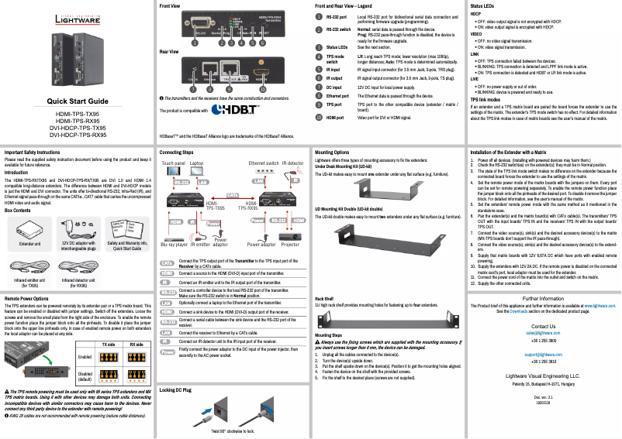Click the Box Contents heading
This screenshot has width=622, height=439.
[x=19, y=209]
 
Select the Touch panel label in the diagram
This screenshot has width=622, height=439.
[x=173, y=164]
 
